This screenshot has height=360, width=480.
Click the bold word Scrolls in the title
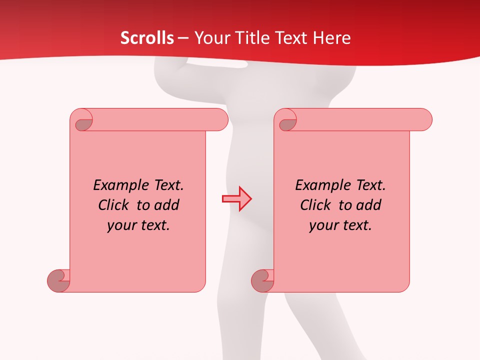[147, 38]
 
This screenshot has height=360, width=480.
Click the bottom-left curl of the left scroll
[58, 280]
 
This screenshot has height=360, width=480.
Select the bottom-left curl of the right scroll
[262, 280]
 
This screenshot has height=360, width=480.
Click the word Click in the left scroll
[113, 205]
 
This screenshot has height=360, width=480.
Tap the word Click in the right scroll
[315, 205]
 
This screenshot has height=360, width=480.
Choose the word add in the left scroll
[167, 205]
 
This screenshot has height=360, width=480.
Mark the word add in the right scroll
[369, 205]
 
